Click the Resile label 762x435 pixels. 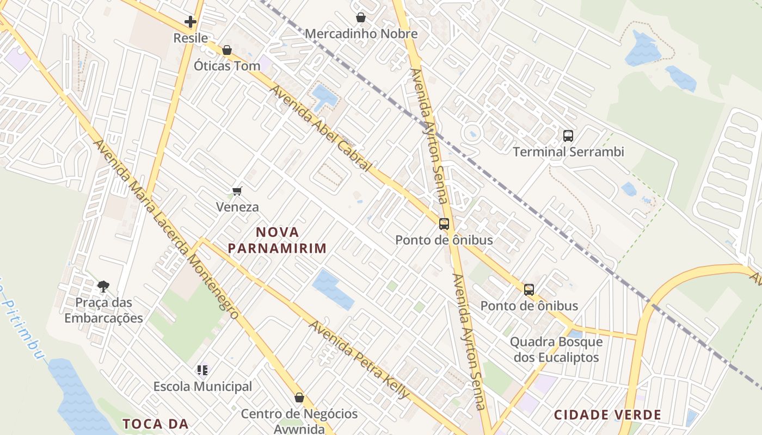point(190,38)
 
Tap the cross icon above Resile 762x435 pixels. point(190,22)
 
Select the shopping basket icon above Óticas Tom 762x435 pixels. point(227,51)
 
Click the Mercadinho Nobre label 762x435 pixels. point(361,34)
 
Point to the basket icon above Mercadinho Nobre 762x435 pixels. point(360,18)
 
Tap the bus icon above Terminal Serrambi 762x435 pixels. point(568,135)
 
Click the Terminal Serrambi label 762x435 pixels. point(568,152)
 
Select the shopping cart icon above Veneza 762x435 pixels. point(237,191)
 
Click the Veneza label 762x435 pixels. point(237,207)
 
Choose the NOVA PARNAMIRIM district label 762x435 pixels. point(277,240)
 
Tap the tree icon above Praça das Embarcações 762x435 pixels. point(103,286)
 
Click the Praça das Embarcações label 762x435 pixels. point(103,310)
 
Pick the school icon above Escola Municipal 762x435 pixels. point(202,371)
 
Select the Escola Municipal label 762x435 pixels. point(202,387)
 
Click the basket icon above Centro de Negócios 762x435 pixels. point(299,397)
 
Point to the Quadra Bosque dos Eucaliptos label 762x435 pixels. point(556,350)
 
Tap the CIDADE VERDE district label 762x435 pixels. point(607,415)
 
